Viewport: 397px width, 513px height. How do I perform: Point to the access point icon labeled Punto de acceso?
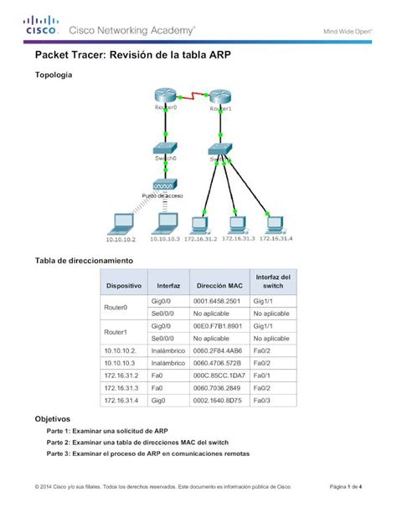pos(165,185)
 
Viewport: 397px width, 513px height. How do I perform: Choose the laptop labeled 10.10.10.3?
pos(166,222)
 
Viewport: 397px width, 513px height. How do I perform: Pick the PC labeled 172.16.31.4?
pos(275,223)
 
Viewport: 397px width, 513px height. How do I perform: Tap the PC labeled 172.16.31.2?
pos(201,223)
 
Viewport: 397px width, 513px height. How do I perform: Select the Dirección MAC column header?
pos(217,286)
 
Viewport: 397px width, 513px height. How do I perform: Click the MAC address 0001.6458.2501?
pos(217,301)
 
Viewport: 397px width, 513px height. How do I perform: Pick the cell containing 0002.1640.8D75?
pos(217,401)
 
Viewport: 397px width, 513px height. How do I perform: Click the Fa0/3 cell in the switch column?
pos(261,401)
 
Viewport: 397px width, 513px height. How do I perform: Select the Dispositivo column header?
pos(123,286)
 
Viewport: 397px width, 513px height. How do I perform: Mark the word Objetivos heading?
pos(52,418)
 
